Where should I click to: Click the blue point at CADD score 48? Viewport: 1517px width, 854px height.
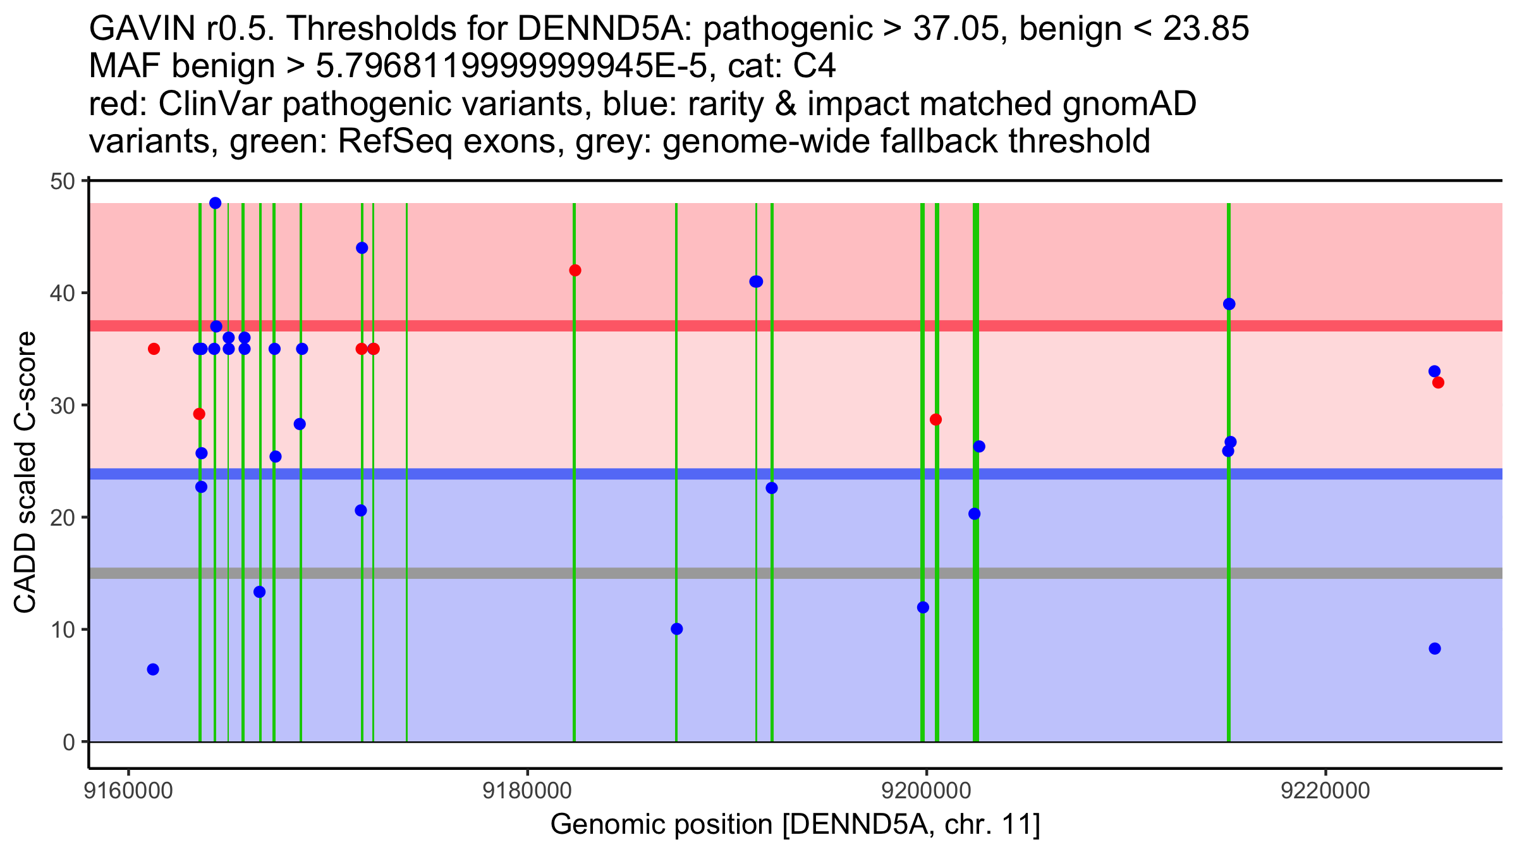click(x=215, y=203)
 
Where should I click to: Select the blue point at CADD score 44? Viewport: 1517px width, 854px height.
click(x=362, y=248)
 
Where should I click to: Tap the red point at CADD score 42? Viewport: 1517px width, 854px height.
click(x=575, y=271)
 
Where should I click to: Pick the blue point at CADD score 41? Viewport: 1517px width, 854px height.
click(x=756, y=282)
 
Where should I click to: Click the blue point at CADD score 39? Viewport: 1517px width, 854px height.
click(x=1229, y=304)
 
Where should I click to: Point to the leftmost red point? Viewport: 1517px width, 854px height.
click(x=154, y=349)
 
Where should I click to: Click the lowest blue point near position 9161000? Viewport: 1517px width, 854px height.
click(x=153, y=669)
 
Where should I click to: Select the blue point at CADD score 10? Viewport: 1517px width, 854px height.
click(x=676, y=629)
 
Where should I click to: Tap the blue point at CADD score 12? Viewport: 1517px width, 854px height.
click(x=923, y=607)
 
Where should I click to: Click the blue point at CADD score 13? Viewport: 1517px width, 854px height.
click(x=259, y=592)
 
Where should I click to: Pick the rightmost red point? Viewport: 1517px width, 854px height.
click(x=1438, y=383)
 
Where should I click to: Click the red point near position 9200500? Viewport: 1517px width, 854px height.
click(x=935, y=419)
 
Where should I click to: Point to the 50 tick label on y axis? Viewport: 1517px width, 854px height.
click(x=62, y=182)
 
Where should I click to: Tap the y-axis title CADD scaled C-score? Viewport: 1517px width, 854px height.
click(x=25, y=473)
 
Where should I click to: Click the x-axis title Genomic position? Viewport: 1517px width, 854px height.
click(x=795, y=825)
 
